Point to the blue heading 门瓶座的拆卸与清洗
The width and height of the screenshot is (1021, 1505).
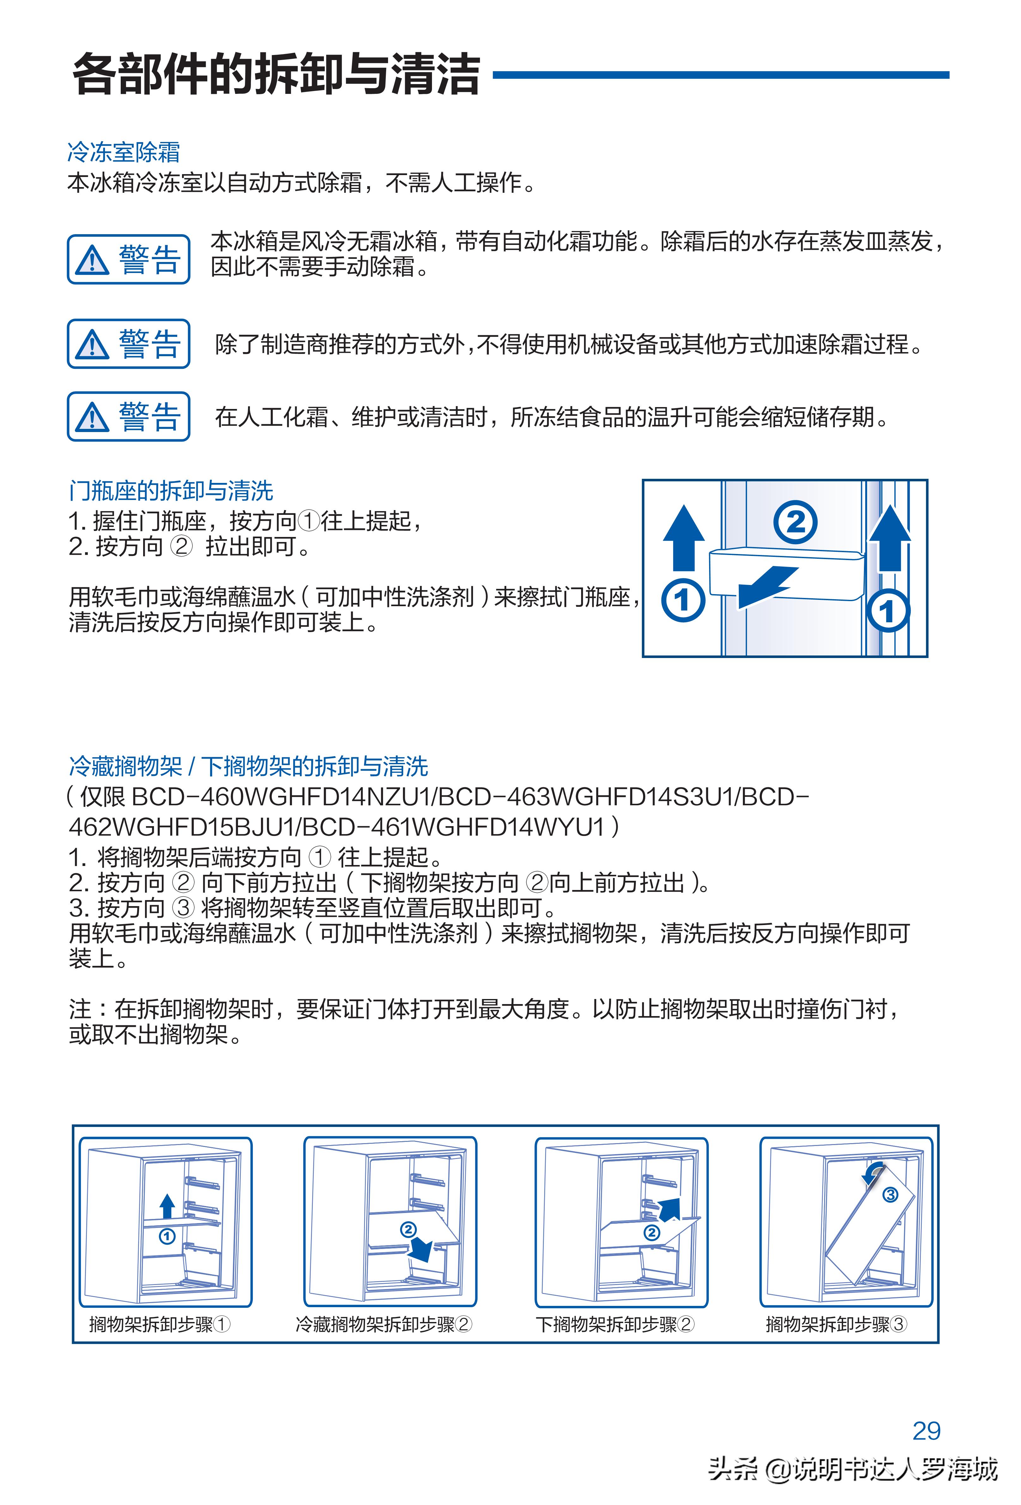[171, 491]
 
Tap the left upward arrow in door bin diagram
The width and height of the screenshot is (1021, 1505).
[684, 538]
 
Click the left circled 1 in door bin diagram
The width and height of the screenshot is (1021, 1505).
[682, 600]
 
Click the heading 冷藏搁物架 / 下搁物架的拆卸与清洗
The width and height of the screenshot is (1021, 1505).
[248, 766]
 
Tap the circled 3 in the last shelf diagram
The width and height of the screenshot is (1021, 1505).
[890, 1195]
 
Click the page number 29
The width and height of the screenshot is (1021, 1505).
[926, 1430]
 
